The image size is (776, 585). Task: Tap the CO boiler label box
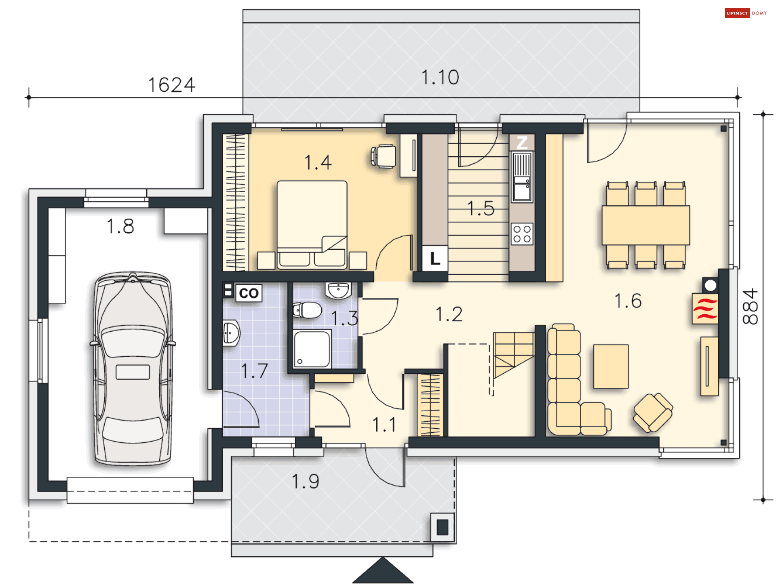click(249, 293)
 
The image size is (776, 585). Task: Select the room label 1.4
click(318, 162)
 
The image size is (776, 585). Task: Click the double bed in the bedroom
click(312, 225)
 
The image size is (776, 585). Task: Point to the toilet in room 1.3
click(307, 310)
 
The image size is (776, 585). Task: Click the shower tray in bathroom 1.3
click(312, 349)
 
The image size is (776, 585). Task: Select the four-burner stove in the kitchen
click(522, 234)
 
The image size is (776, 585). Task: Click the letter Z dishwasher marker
click(522, 143)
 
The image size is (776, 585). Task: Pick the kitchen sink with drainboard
click(522, 177)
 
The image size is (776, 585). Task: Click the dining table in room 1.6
click(645, 225)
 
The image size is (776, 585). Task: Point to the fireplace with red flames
click(705, 309)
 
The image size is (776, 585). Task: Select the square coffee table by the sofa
click(611, 366)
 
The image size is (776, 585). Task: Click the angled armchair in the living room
click(653, 412)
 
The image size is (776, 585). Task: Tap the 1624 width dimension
click(172, 85)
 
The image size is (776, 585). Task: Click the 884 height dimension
click(750, 306)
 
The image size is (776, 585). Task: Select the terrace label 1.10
click(440, 77)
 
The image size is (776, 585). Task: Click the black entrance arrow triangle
click(382, 570)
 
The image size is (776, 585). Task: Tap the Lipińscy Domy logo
click(746, 13)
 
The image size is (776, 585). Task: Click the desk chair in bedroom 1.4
click(384, 156)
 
